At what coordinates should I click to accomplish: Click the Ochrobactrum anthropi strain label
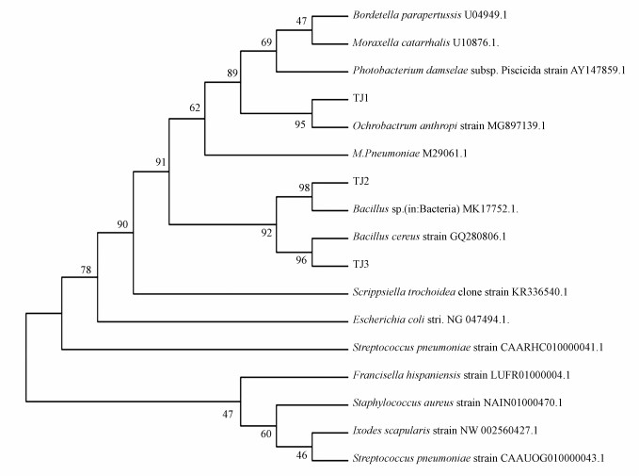pos(432,125)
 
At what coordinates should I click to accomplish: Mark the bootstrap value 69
pos(266,42)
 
